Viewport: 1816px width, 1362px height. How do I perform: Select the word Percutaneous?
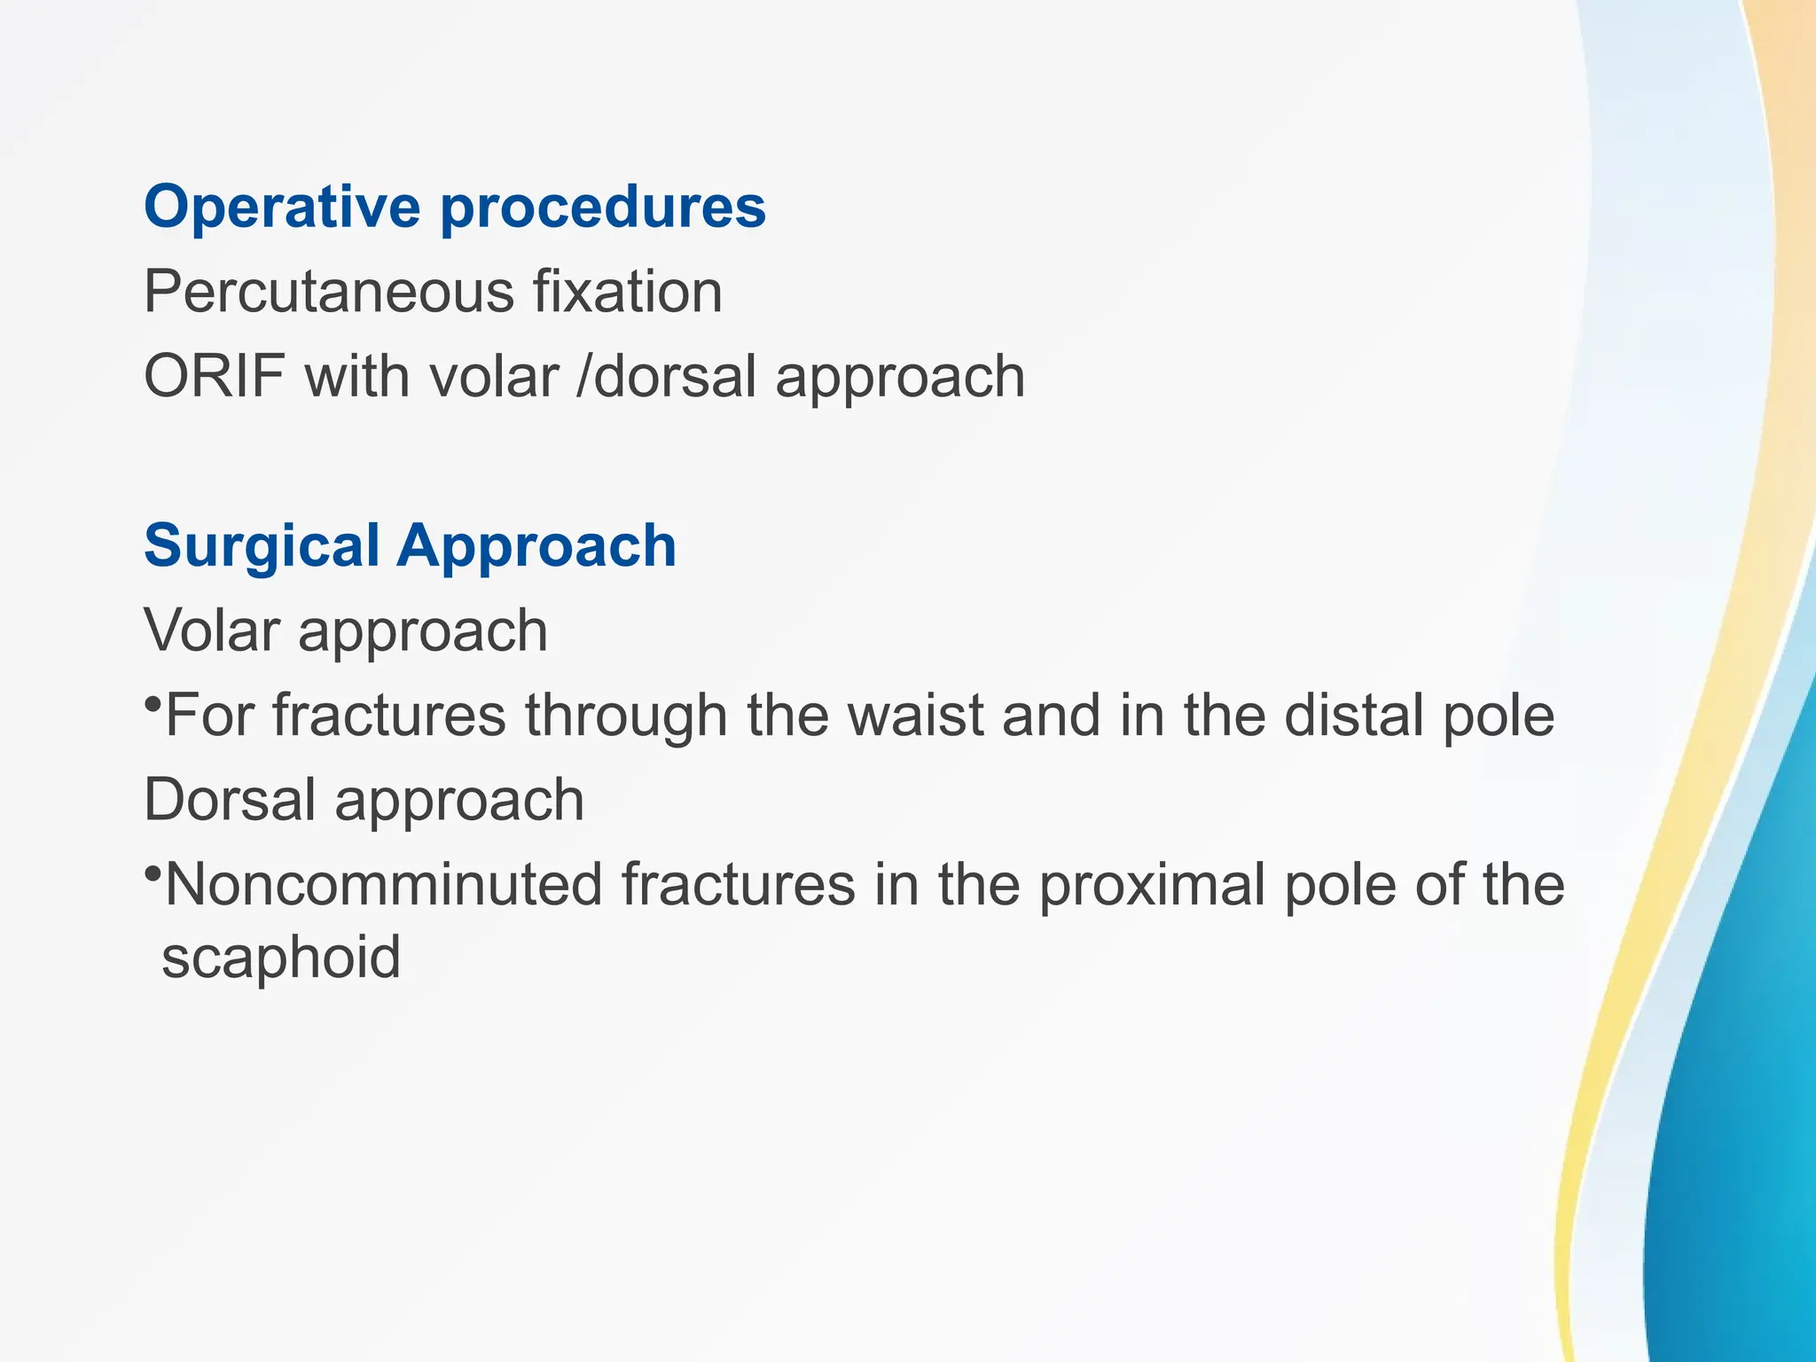328,292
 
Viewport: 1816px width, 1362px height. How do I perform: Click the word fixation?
627,292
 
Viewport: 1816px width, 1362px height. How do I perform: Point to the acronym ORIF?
214,376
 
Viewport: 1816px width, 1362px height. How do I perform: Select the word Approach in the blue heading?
536,545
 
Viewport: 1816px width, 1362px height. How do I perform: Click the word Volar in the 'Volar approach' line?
212,630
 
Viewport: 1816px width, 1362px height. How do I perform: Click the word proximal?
1153,885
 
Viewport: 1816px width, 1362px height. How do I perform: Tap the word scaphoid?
281,957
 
